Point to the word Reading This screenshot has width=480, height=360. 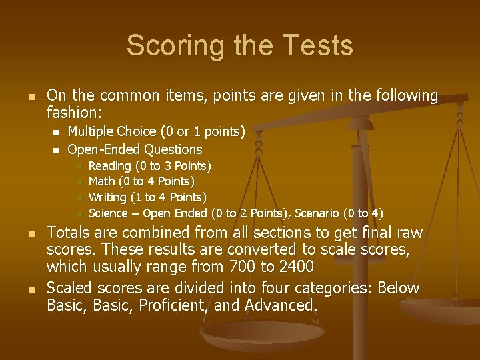click(109, 165)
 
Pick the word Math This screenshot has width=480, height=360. click(101, 181)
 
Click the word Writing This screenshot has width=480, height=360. click(108, 197)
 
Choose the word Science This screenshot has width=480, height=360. click(109, 213)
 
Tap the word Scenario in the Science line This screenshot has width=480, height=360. click(315, 213)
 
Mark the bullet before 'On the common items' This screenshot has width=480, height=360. click(31, 97)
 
